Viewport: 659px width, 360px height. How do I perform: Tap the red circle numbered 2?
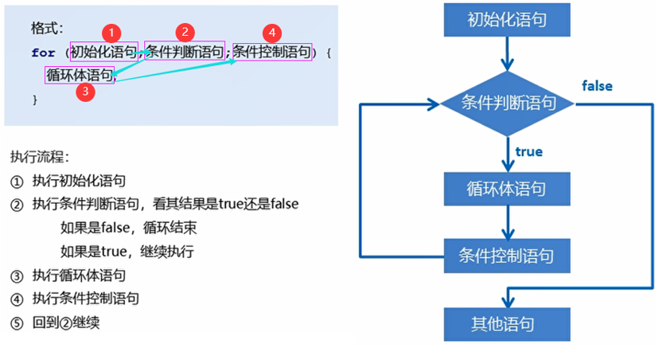click(185, 32)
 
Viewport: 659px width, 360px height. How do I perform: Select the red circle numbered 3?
click(85, 92)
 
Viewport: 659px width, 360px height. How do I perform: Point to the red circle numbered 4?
click(272, 33)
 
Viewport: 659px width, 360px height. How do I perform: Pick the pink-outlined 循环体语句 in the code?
click(80, 75)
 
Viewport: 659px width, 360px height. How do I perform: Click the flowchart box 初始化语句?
click(507, 18)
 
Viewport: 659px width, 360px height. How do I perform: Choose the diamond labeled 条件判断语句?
click(507, 103)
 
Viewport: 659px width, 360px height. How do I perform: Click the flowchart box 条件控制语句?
click(507, 256)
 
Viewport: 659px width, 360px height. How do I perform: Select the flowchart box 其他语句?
click(507, 324)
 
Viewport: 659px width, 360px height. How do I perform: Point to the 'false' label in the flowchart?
click(597, 85)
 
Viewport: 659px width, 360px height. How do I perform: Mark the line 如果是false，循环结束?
click(128, 228)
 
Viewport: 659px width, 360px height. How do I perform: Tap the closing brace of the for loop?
click(34, 100)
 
